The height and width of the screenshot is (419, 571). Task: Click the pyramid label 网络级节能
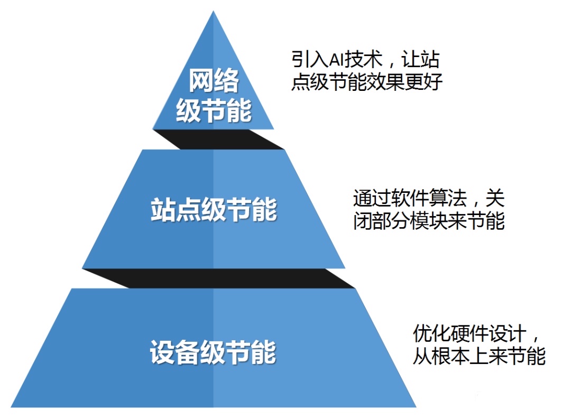pyautogui.click(x=214, y=97)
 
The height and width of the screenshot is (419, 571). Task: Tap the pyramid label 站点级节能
pyautogui.click(x=214, y=210)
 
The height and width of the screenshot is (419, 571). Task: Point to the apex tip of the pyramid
pyautogui.click(x=214, y=13)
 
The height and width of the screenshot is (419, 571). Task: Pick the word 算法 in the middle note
pyautogui.click(x=454, y=199)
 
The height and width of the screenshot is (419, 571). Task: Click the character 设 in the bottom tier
pyautogui.click(x=162, y=353)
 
